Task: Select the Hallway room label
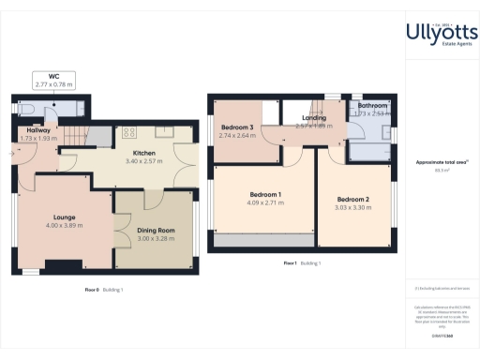tap(38, 131)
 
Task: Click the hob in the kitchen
tap(128, 132)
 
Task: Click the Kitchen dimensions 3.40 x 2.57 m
tap(143, 162)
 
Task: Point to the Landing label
tap(314, 119)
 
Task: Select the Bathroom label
tap(373, 106)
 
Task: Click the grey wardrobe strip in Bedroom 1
tap(262, 242)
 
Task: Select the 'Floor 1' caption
tap(291, 263)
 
